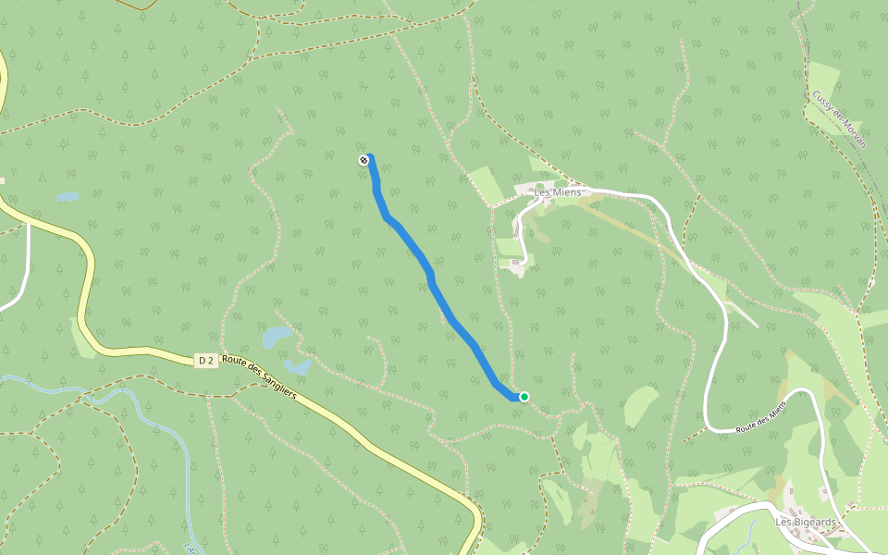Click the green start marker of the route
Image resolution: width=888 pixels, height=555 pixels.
coord(524,397)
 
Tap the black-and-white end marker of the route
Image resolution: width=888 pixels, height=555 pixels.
coord(364,161)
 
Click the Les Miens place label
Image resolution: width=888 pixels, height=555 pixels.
coord(558,192)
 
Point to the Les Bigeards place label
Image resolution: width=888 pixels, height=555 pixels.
coord(805,523)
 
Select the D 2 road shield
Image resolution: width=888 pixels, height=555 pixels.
coord(206,361)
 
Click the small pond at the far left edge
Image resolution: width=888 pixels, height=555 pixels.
coord(67,197)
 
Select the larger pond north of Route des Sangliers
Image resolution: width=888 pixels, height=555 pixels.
coord(276,337)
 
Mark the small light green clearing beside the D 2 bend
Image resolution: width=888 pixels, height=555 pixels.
coord(81,339)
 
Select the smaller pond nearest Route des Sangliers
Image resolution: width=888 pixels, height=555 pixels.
coord(298,367)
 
